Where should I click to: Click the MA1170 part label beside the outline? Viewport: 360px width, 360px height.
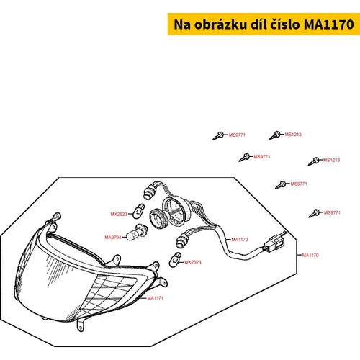(x=310, y=255)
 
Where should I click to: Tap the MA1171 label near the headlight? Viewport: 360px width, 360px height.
(x=156, y=298)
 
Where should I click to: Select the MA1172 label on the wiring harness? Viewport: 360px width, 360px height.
(x=240, y=240)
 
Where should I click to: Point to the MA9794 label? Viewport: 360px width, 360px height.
(x=113, y=238)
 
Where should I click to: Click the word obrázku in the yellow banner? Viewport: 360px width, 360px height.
(x=220, y=24)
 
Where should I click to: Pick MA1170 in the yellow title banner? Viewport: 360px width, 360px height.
(x=329, y=24)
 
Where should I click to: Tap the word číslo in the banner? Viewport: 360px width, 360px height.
(x=286, y=24)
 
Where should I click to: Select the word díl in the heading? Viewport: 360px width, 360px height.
(x=258, y=24)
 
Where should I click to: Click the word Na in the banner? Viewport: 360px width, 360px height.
(x=182, y=24)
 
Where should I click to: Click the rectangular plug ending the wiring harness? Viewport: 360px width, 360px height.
(x=274, y=243)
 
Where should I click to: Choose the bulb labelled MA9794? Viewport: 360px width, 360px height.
(x=137, y=233)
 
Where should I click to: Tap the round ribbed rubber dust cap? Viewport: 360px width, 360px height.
(x=159, y=218)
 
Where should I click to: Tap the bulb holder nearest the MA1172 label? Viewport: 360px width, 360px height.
(x=183, y=240)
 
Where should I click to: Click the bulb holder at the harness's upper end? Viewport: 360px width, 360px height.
(x=150, y=191)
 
